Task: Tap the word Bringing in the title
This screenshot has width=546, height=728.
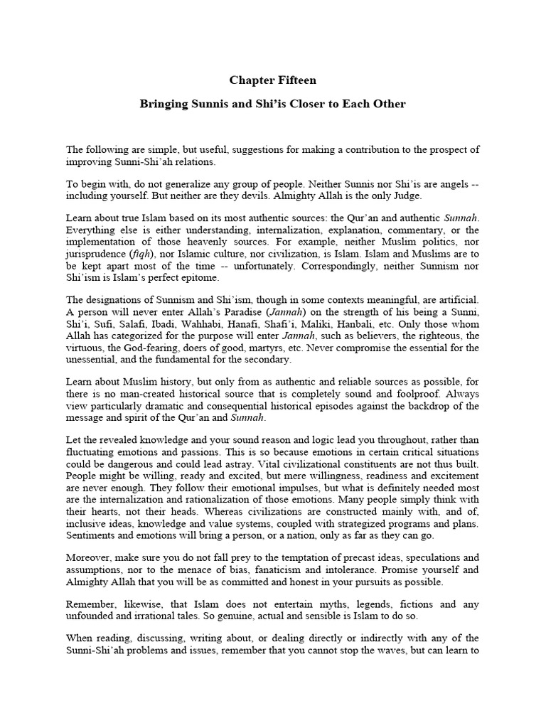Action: click(x=163, y=104)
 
